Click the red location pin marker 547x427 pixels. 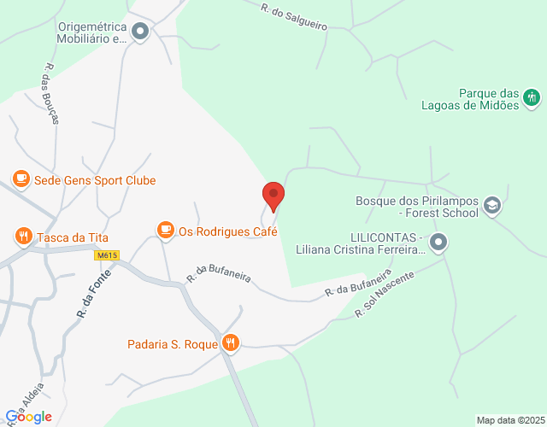point(273,196)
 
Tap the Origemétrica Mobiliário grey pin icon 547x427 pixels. point(141,32)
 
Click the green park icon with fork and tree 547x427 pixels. point(532,97)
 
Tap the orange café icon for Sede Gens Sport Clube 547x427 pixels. point(20,179)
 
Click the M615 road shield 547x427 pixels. point(107,254)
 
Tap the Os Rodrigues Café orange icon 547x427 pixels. point(165,230)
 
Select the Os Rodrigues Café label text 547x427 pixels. point(228,231)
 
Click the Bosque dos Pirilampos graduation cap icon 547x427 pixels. point(491,205)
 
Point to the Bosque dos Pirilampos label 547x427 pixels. point(417,207)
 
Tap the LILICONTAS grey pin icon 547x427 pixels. point(438,243)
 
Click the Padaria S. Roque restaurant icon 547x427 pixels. point(230,343)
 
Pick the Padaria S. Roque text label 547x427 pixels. point(171,345)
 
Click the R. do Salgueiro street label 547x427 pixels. point(294,15)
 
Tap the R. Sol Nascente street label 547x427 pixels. point(385,295)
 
